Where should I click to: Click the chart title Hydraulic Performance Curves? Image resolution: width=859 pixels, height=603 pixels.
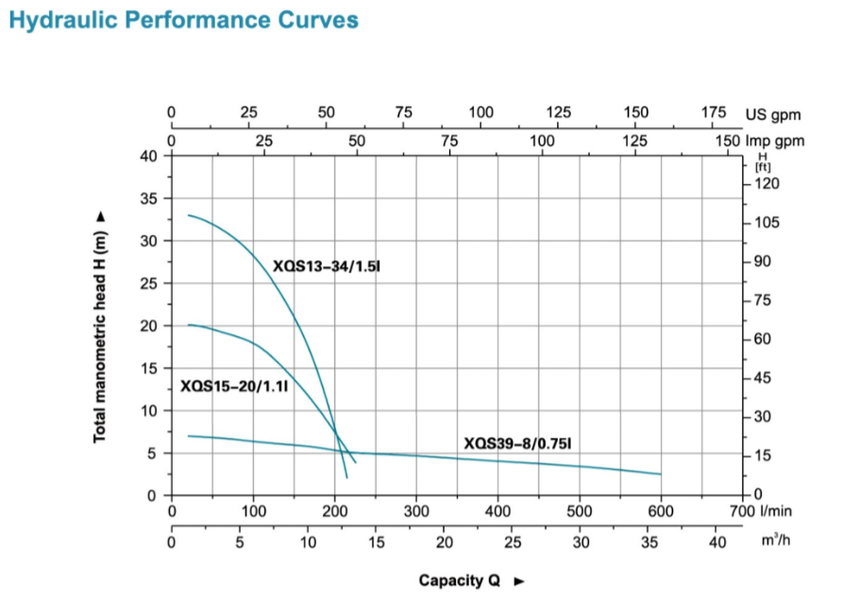click(183, 19)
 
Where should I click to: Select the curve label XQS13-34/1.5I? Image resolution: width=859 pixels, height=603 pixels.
click(326, 267)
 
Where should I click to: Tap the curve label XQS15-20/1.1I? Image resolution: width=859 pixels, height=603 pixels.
click(233, 386)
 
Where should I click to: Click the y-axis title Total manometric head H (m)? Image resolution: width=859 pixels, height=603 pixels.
click(99, 326)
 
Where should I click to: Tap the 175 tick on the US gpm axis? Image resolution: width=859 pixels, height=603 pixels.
click(714, 112)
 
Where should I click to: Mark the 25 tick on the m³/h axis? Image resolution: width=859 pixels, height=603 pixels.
click(513, 543)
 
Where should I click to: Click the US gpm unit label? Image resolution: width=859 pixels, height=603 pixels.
click(773, 115)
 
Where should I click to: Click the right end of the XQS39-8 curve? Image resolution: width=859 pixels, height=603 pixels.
click(660, 474)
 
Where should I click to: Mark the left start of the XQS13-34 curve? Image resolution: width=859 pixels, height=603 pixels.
click(188, 215)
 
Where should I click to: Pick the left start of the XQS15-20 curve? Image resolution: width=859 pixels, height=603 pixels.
click(188, 325)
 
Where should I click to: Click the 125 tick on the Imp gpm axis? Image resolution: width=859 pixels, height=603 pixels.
click(635, 141)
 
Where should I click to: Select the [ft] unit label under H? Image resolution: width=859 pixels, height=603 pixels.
click(764, 167)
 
